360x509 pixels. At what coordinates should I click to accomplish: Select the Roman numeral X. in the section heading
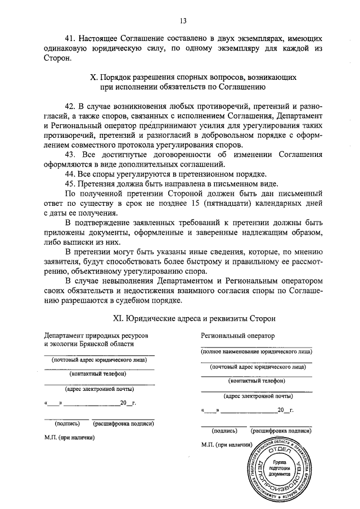pyautogui.click(x=94, y=76)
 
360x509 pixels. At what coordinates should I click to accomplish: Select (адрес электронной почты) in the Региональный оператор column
pyautogui.click(x=256, y=395)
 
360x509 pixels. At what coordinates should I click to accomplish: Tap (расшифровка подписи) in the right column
pyautogui.click(x=280, y=431)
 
